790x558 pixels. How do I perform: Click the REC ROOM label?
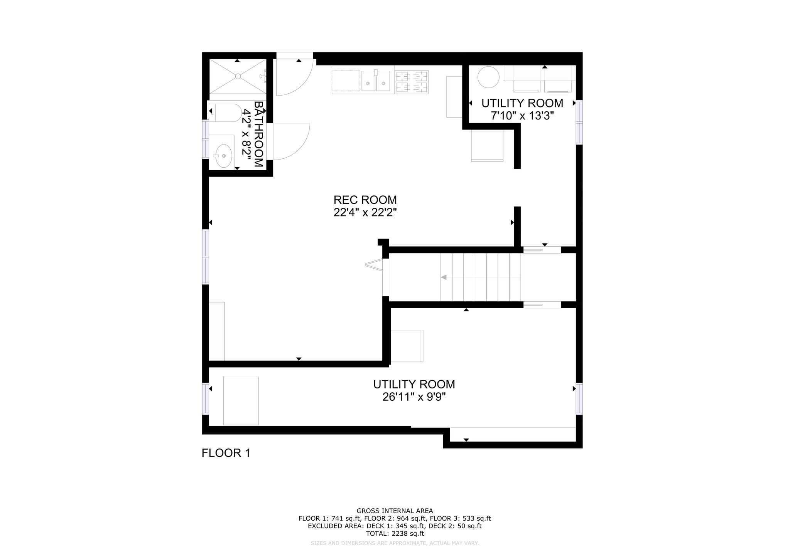365,200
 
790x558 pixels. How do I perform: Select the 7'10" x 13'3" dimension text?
522,116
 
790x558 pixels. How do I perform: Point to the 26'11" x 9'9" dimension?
414,397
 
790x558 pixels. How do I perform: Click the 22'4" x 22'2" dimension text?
365,212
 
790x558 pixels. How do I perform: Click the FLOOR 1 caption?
226,453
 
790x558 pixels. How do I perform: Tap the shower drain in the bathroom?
238,76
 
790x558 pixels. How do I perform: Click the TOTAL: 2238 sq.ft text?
395,534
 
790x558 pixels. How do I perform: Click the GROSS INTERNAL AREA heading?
395,511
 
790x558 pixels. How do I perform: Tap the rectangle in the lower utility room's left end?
241,401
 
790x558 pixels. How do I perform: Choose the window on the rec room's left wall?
206,257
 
